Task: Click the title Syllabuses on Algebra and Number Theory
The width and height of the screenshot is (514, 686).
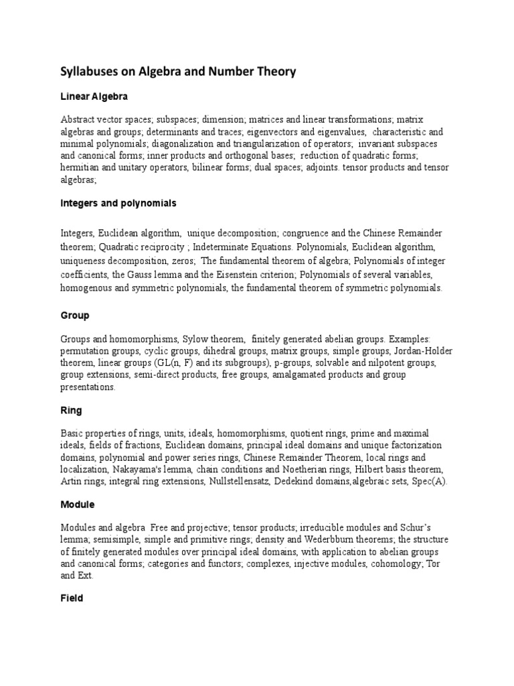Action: click(178, 72)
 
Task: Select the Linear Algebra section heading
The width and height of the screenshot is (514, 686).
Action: click(93, 97)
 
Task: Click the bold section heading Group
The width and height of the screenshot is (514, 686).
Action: click(74, 315)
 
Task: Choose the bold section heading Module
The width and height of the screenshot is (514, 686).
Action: click(78, 504)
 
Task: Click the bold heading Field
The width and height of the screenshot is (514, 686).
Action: click(72, 598)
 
